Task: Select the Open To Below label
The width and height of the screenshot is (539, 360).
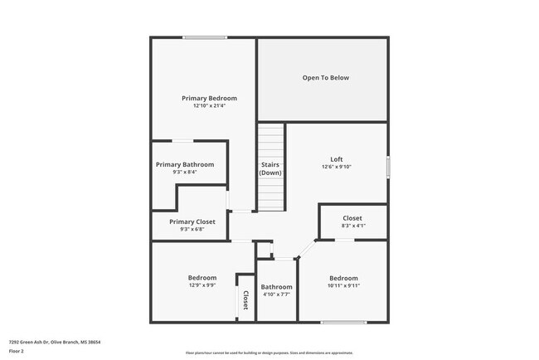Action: [x=325, y=78]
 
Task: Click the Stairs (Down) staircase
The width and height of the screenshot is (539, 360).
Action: [x=270, y=168]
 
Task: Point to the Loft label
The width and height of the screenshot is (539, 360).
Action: [x=336, y=159]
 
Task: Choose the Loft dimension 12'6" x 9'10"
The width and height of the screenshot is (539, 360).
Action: [x=336, y=167]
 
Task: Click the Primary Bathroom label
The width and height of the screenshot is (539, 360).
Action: [x=185, y=164]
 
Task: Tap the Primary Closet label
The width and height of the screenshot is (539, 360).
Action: [x=192, y=221]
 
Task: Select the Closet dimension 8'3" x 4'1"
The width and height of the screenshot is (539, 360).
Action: [x=352, y=226]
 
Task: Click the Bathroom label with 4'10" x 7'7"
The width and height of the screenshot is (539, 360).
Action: [x=278, y=286]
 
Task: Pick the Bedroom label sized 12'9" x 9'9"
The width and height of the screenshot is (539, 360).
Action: [x=202, y=277]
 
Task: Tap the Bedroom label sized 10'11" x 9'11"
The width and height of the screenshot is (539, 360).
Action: [x=343, y=278]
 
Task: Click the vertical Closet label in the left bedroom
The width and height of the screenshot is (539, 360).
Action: [x=245, y=299]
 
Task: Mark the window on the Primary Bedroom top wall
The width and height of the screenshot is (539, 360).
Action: [x=205, y=37]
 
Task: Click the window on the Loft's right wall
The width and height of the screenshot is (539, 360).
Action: [x=387, y=166]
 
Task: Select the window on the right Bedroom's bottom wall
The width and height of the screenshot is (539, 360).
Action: [x=343, y=322]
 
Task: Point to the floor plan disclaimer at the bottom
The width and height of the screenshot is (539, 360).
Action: [x=269, y=352]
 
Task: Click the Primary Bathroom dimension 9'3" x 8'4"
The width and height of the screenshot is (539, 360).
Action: [x=185, y=173]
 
